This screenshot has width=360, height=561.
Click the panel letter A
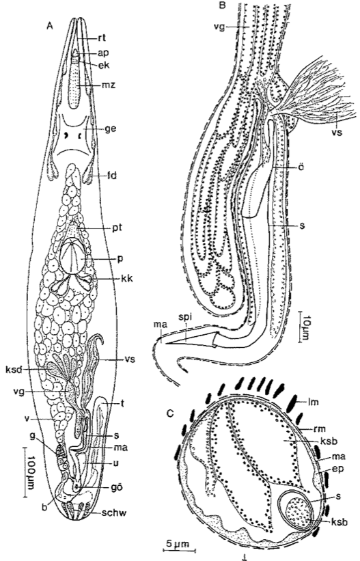point(51,25)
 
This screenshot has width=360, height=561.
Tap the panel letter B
point(222,5)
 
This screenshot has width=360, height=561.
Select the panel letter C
point(171,413)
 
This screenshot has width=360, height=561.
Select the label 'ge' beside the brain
point(111,128)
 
